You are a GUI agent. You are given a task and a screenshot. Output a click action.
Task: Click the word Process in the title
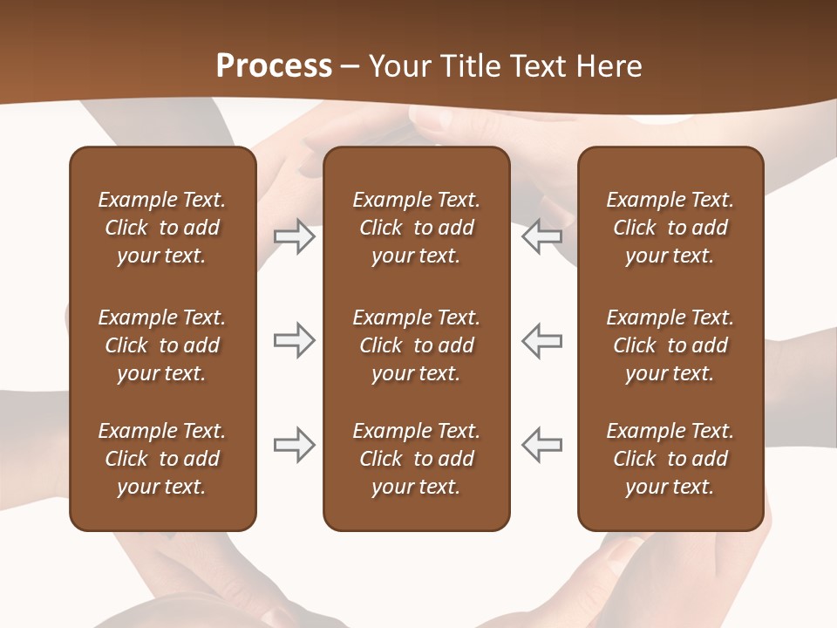coord(274,66)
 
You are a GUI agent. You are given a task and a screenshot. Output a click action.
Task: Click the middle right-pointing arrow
coord(294,340)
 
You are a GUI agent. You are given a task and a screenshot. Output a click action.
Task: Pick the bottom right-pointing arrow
coord(294,446)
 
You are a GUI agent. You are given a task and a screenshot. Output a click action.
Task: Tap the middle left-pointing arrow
coord(542,340)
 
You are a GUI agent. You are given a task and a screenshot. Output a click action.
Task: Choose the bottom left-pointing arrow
coord(542,446)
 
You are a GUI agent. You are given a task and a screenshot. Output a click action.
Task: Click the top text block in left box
coord(162,228)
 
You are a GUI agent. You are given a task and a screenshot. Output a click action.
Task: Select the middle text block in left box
coord(162,345)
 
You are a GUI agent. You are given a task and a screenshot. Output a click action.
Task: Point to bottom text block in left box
coord(162,459)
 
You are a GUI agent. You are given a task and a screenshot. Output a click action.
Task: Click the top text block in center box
coord(416,228)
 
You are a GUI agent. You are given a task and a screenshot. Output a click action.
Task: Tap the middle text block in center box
coord(416,345)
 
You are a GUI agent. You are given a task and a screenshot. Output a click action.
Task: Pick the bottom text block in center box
coord(416,459)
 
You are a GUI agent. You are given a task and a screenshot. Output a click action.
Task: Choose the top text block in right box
coord(670,228)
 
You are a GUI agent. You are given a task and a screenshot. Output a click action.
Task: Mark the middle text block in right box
coord(670,345)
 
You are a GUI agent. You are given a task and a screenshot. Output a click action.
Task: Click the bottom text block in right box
coord(670,459)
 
